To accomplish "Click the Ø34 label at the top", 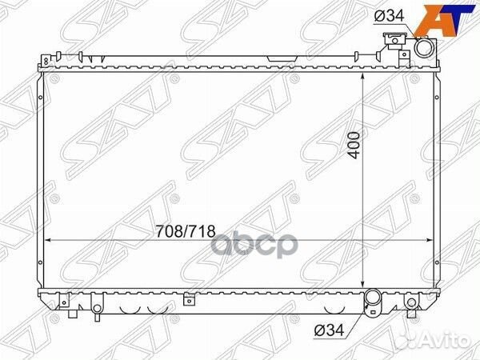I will point(386,18).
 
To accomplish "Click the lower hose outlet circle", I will point(374,301).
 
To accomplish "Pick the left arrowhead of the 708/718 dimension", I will point(46,239).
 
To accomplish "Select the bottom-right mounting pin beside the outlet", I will point(411,303).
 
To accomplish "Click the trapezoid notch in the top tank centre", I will point(279,58).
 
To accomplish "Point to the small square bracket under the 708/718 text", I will point(189,301).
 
